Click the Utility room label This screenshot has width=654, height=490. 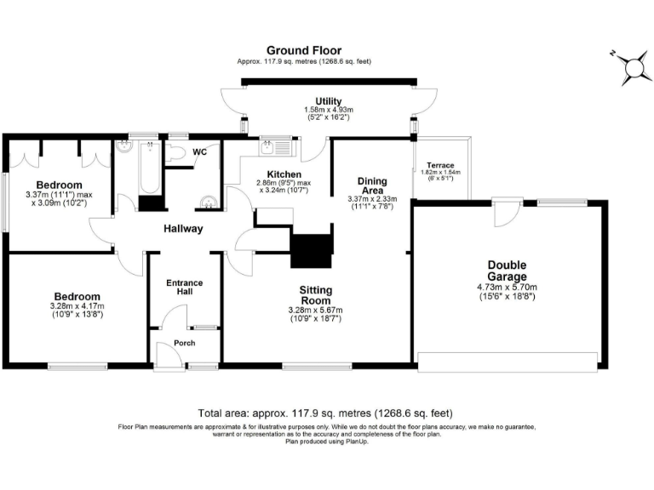[x=329, y=101]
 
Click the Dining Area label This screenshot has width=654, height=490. [x=372, y=185]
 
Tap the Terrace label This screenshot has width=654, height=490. [x=440, y=165]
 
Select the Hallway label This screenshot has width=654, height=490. [x=184, y=229]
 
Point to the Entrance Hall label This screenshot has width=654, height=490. [x=185, y=287]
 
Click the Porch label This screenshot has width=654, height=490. [x=184, y=343]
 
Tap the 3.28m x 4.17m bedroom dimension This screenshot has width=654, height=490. [x=76, y=311]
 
